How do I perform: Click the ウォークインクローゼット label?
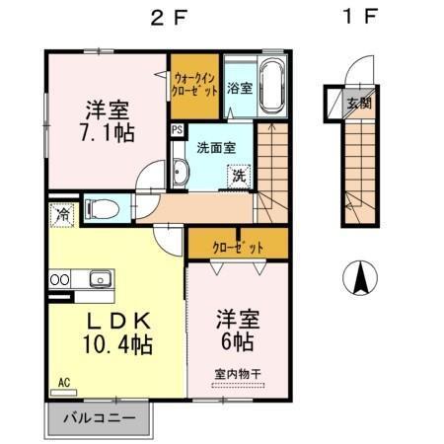point(194,82)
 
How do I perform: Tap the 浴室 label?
point(240,88)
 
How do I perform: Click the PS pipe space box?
point(177,128)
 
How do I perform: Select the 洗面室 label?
point(216,148)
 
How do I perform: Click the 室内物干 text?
point(235,373)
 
